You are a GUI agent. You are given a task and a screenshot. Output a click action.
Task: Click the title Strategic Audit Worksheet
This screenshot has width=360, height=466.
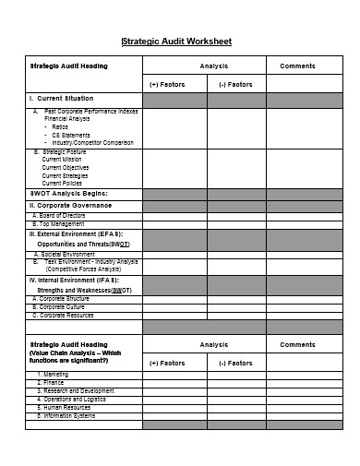(177, 42)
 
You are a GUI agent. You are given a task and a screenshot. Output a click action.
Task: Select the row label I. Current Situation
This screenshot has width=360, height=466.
(61, 98)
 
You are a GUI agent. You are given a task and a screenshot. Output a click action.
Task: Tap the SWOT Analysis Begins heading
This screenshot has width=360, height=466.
(68, 193)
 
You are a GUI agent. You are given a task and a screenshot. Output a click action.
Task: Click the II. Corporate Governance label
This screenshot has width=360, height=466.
(71, 206)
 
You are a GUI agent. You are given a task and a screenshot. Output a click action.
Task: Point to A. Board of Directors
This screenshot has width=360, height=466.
(59, 216)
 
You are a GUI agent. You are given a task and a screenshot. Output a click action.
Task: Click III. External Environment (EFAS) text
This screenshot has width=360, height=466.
(74, 234)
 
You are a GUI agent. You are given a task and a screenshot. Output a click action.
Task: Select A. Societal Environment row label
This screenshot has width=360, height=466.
(64, 254)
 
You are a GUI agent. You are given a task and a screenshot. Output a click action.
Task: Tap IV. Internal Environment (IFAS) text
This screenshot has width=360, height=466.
(73, 280)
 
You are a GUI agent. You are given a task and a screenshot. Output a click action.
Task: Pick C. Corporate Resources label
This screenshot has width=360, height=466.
(63, 316)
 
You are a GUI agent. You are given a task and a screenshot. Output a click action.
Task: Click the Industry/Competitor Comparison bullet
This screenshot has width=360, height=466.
(92, 143)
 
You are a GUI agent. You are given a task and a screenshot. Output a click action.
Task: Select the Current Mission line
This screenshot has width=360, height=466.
(66, 159)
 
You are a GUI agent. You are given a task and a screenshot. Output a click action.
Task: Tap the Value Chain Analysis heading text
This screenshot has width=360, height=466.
(74, 352)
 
